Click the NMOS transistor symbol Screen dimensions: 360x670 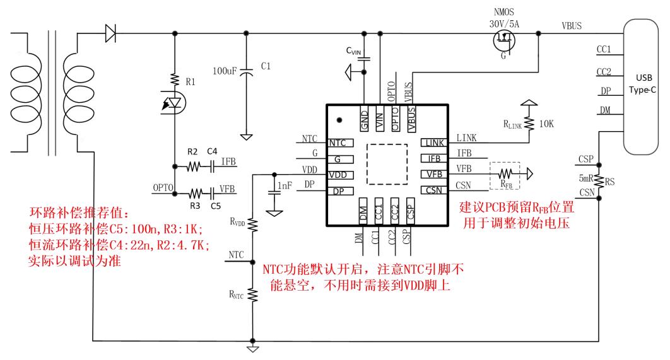(503, 39)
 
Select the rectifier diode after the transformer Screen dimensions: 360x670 (111, 32)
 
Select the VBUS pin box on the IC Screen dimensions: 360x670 (411, 118)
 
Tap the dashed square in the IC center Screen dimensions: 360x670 (389, 163)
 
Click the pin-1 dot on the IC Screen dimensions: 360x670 (339, 119)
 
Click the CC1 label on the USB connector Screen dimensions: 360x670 (608, 49)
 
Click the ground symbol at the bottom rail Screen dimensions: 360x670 (252, 348)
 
